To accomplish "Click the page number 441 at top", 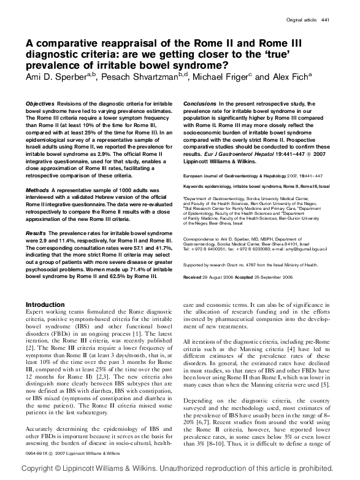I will pyautogui.click(x=326, y=20).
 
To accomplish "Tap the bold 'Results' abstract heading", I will pyautogui.click(x=36, y=234).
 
